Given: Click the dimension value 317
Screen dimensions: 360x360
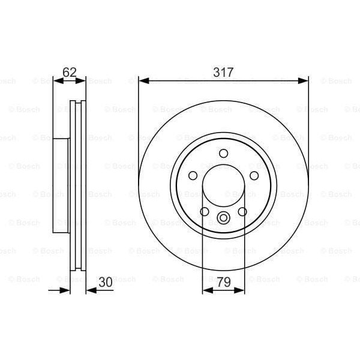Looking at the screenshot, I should (x=223, y=72).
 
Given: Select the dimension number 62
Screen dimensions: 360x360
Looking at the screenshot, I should (x=70, y=73).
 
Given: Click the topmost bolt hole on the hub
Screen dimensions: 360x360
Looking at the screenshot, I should (x=223, y=152).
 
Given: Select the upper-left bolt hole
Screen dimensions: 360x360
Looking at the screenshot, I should (x=193, y=175).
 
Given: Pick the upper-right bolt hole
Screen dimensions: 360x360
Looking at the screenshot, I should (x=253, y=175).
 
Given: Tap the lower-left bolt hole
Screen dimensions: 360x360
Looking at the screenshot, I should (x=205, y=211).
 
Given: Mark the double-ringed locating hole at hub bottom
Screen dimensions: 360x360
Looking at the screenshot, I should (x=223, y=218).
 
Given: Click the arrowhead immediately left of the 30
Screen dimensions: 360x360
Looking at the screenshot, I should (x=90, y=290).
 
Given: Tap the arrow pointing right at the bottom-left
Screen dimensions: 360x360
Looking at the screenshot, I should (x=66, y=290).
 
